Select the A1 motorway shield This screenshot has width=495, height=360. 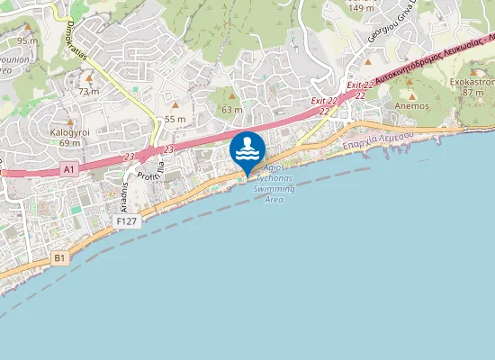[69, 167]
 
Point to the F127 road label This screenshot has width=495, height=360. [128, 220]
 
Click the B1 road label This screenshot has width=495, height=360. [59, 257]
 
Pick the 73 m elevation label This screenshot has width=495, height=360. [88, 91]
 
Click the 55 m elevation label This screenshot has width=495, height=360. [175, 119]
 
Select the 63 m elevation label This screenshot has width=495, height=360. [232, 110]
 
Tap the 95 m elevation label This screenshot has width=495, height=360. [27, 40]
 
